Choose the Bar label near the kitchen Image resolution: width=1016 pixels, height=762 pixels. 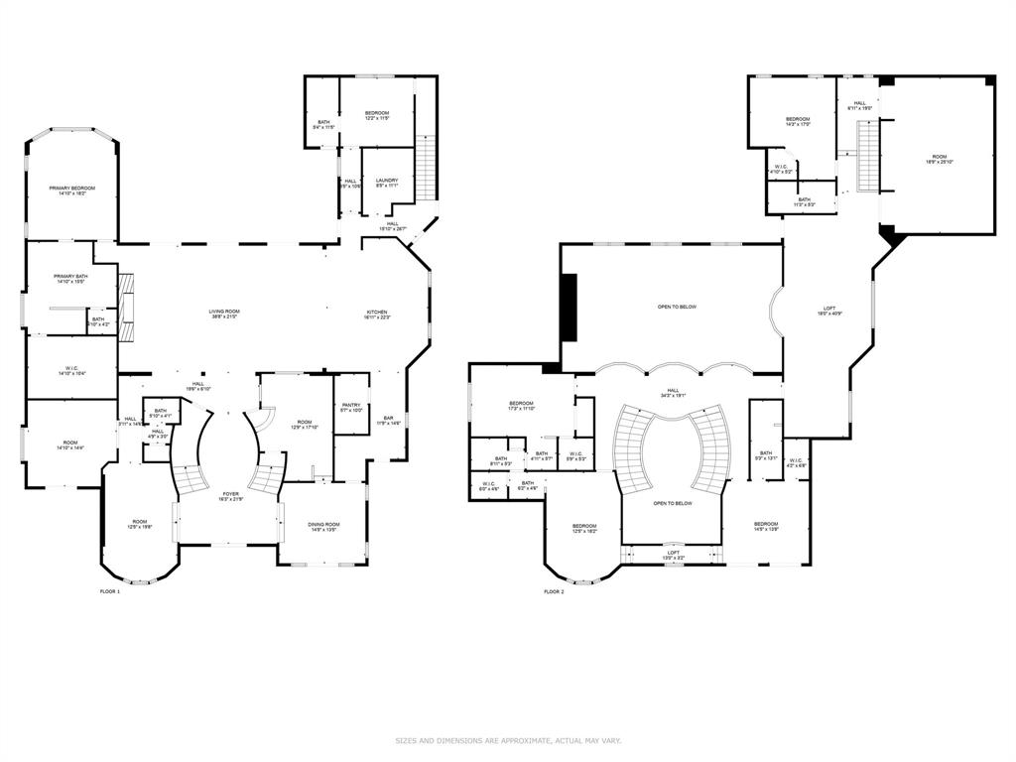388,421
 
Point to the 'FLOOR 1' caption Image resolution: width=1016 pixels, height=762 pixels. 109,591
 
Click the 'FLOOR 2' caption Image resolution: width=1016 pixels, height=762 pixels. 554,591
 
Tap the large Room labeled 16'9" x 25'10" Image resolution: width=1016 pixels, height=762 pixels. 939,159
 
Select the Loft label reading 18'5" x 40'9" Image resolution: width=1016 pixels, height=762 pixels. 828,311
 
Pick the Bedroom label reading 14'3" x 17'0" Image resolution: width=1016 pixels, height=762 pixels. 798,122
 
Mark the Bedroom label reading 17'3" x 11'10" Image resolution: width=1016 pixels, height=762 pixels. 522,406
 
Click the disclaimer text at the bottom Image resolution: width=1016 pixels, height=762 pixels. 508,740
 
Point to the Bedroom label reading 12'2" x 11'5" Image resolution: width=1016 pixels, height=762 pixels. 376,115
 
